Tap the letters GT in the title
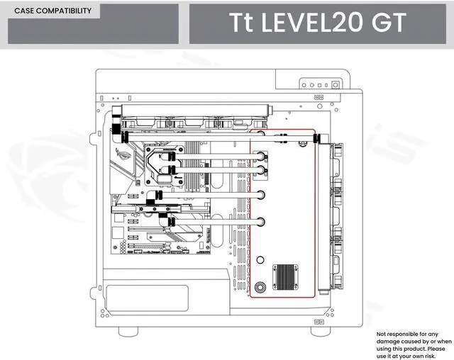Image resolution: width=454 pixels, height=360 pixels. tap(387, 23)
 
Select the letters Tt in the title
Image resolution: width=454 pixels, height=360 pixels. tap(241, 23)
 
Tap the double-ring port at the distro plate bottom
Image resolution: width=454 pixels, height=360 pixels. tap(262, 288)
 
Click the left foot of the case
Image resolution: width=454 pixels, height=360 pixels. tap(128, 332)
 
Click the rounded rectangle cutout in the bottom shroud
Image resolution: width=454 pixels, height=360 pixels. tap(148, 298)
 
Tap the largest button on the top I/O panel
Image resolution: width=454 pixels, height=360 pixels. tap(334, 84)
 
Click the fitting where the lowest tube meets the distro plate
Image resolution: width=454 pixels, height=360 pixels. tap(261, 221)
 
